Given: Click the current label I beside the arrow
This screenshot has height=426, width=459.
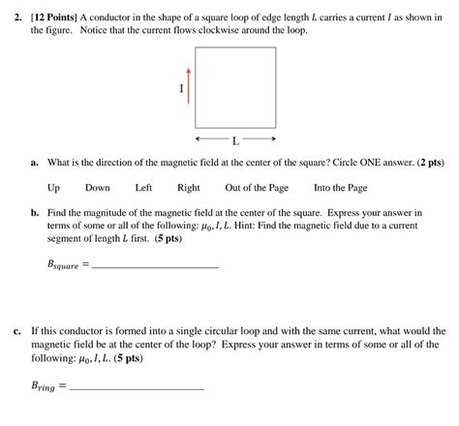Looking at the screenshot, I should (179, 89).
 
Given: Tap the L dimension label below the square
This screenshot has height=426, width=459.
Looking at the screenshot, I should (235, 140).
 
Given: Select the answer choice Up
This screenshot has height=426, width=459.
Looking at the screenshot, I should (54, 188).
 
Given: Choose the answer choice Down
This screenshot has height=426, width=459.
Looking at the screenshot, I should (97, 188).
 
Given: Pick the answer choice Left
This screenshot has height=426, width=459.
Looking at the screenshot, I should (143, 188).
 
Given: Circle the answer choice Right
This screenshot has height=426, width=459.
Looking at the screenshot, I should (189, 188).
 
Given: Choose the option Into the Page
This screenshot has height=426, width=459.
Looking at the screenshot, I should (341, 188).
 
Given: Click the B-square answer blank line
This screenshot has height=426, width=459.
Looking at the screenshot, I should (155, 266).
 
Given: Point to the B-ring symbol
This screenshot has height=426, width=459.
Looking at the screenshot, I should (46, 384).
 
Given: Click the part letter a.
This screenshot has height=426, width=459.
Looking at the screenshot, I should (34, 164).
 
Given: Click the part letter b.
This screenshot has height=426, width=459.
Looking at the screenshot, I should (34, 211).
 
